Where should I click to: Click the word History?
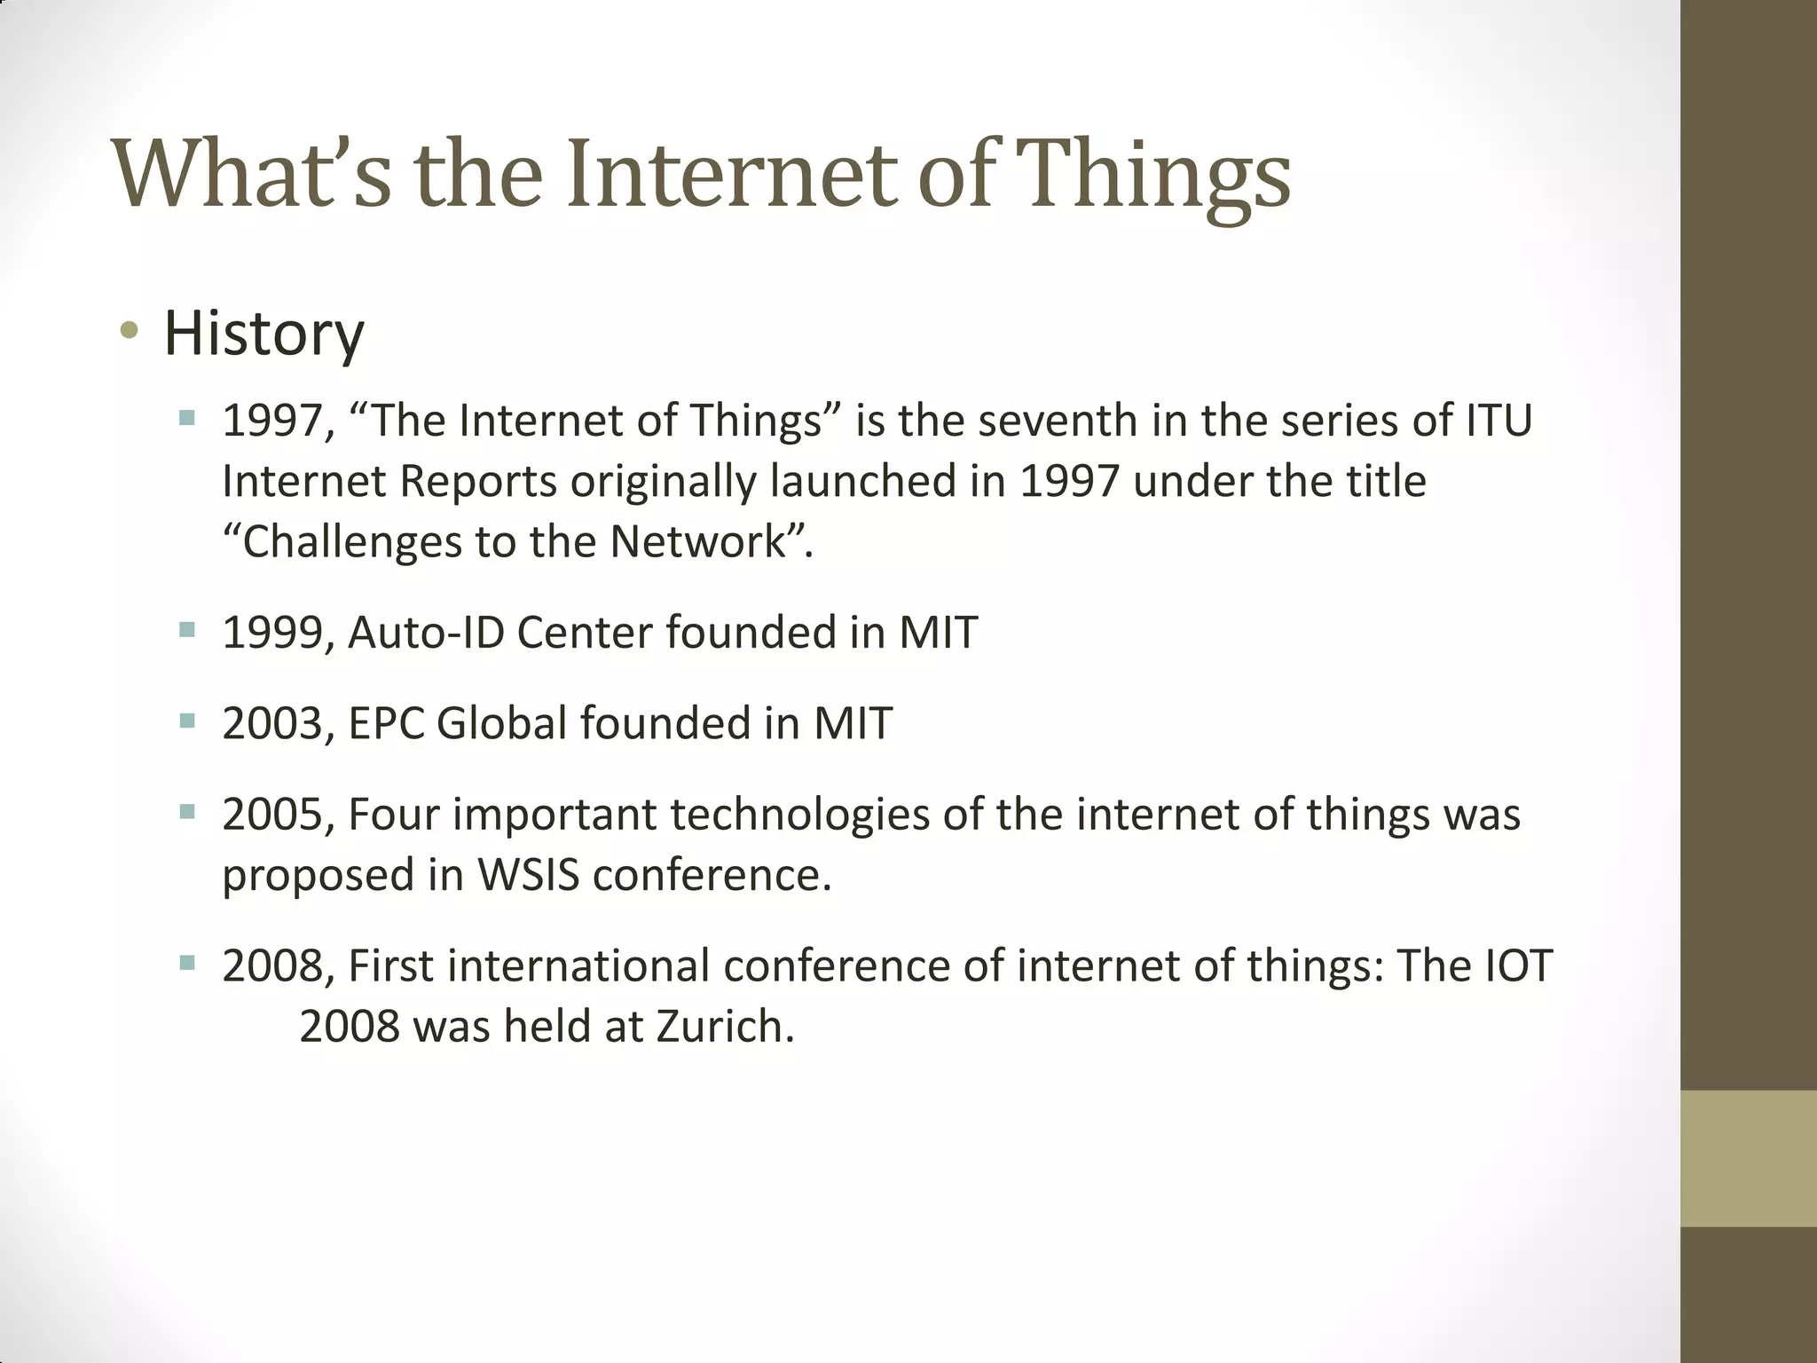point(264,334)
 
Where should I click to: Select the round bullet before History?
point(130,331)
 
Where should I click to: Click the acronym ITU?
point(1498,421)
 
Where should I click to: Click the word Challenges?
point(352,542)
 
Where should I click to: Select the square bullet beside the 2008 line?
point(186,962)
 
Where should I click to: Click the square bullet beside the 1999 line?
point(186,629)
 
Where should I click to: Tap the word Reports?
point(478,482)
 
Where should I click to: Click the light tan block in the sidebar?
point(1748,1158)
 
